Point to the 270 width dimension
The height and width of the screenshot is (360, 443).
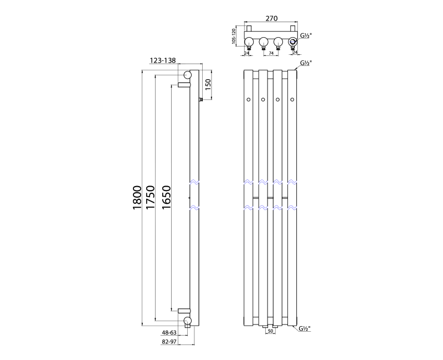[271, 18]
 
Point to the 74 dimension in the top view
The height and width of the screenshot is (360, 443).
[271, 54]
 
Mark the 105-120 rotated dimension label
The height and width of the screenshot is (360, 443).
[234, 36]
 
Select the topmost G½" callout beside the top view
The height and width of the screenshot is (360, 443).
[306, 35]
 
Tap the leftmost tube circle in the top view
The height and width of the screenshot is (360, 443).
[249, 42]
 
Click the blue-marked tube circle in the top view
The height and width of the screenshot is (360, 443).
[292, 42]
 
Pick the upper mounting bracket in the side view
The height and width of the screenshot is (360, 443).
[184, 85]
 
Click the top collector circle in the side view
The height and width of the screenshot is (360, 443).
[188, 75]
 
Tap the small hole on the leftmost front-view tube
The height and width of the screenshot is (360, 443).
[249, 100]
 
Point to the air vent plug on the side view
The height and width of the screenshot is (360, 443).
[201, 100]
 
